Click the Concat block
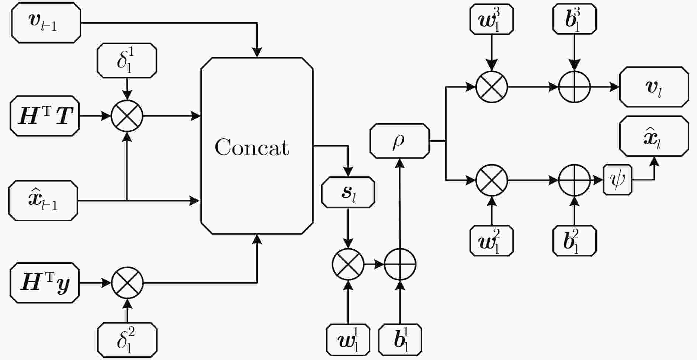257,146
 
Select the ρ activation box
400,141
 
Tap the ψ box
617,180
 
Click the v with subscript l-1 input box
46,23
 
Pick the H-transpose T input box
45,116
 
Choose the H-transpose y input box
45,283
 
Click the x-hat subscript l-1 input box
43,201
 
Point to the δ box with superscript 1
127,60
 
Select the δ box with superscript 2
127,340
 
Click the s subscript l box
348,193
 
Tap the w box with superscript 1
348,340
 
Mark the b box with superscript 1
400,340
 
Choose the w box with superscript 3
492,19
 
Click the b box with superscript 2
574,240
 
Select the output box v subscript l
654,87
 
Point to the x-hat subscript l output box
654,136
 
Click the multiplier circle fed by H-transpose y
127,283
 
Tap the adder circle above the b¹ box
400,264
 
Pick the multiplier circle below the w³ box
492,87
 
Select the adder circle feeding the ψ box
574,180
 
